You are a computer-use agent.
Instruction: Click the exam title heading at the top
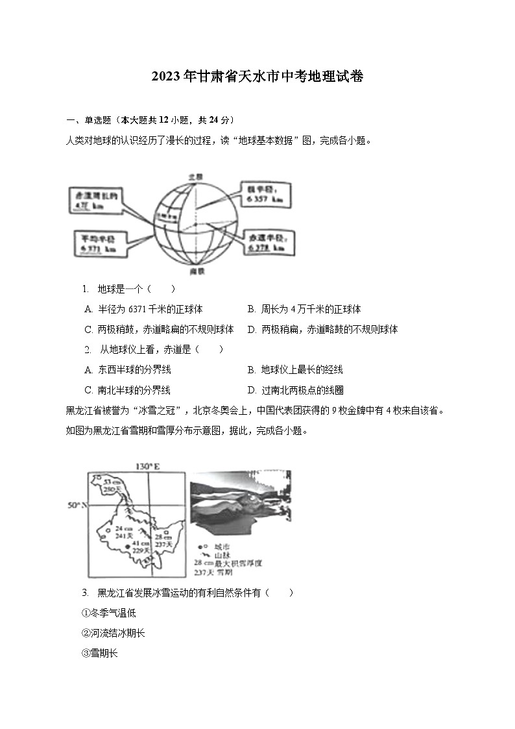coord(257,77)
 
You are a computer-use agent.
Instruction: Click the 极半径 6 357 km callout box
coord(262,193)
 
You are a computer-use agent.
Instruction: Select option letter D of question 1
coord(252,330)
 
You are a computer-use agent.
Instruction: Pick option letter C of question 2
coord(88,391)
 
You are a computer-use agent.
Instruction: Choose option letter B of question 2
coord(252,370)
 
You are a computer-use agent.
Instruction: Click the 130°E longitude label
coord(147,466)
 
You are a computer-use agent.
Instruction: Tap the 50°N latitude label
coord(76,504)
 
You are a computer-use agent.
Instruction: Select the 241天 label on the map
coord(124,536)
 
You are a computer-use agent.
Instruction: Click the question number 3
coord(84,593)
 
